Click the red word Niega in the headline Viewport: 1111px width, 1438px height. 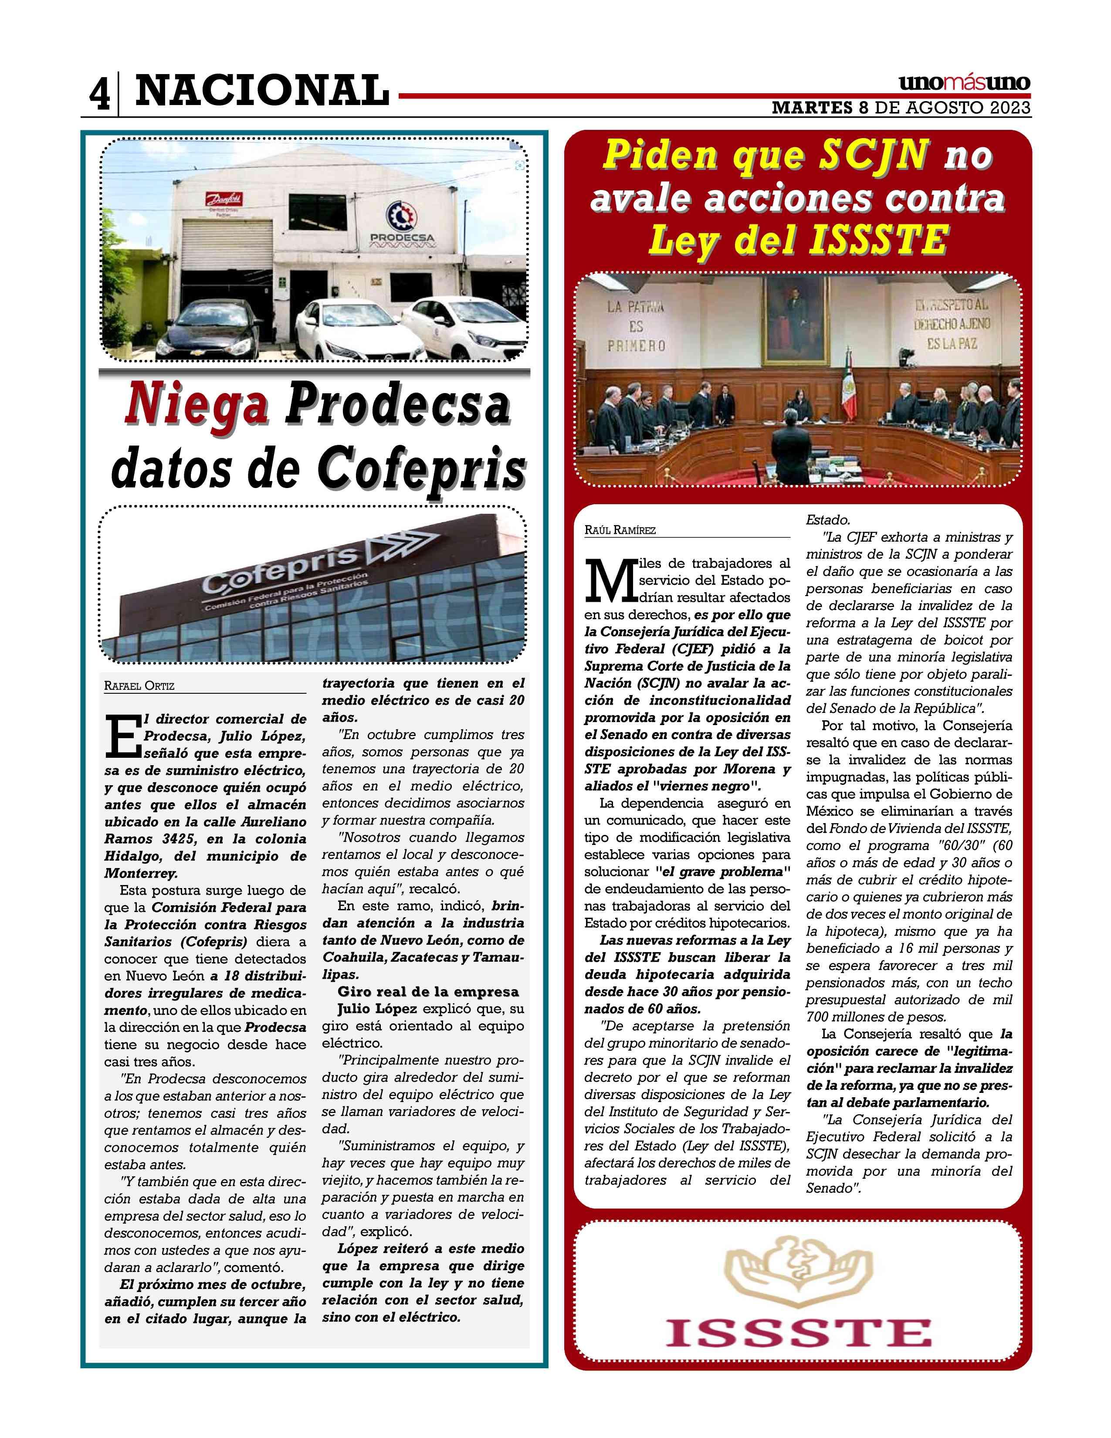coord(197,406)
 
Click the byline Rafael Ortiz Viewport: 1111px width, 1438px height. coord(139,686)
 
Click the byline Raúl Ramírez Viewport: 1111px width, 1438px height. coord(620,530)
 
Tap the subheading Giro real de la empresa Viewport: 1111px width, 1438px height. coord(428,992)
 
